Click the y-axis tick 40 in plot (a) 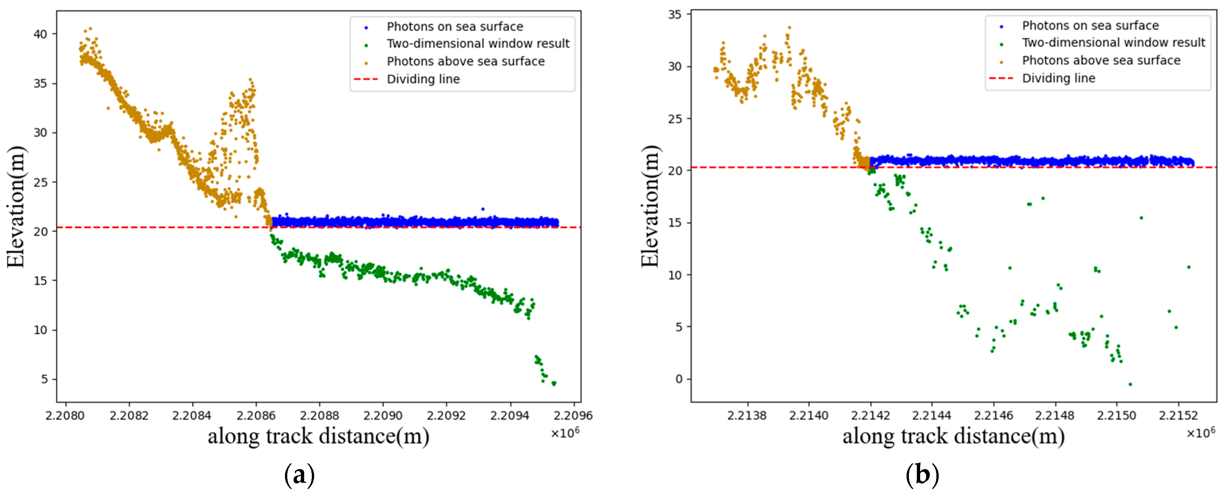coord(40,34)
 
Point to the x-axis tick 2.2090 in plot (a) coord(383,416)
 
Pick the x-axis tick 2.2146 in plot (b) coord(993,416)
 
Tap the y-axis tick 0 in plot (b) coord(679,379)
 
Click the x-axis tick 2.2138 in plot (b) coord(747,416)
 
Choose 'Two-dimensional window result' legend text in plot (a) coord(477,44)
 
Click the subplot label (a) coord(299,475)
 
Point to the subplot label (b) coord(922,475)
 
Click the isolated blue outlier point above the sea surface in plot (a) coord(483,209)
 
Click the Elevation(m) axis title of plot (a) coord(15,207)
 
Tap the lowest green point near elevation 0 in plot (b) coord(1130,384)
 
